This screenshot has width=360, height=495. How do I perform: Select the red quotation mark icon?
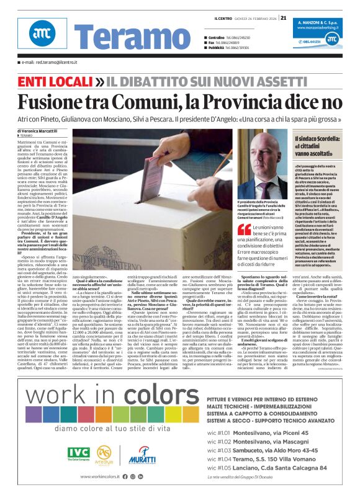pyautogui.click(x=243, y=230)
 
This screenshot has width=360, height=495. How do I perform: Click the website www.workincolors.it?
pyautogui.click(x=89, y=476)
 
